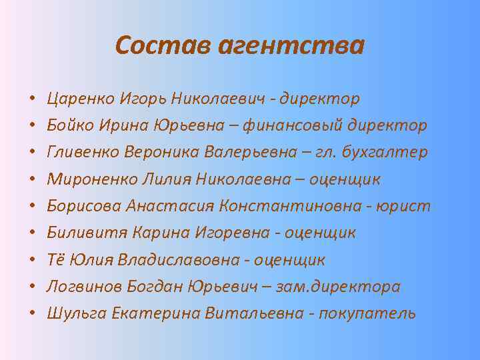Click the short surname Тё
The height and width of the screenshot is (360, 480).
tap(55, 259)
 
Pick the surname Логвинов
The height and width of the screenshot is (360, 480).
tap(80, 286)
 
